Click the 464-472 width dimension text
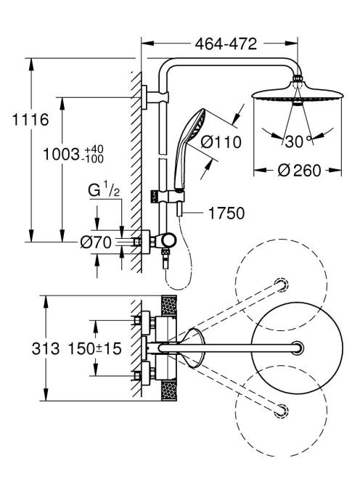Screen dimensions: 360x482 (x=226, y=44)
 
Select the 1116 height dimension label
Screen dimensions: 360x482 (x=30, y=119)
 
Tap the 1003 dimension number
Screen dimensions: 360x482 (x=61, y=154)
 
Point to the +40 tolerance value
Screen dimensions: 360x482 (x=94, y=150)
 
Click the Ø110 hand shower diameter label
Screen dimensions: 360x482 (x=221, y=142)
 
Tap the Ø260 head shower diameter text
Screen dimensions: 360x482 (x=299, y=170)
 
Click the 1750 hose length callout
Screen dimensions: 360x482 (x=226, y=213)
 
